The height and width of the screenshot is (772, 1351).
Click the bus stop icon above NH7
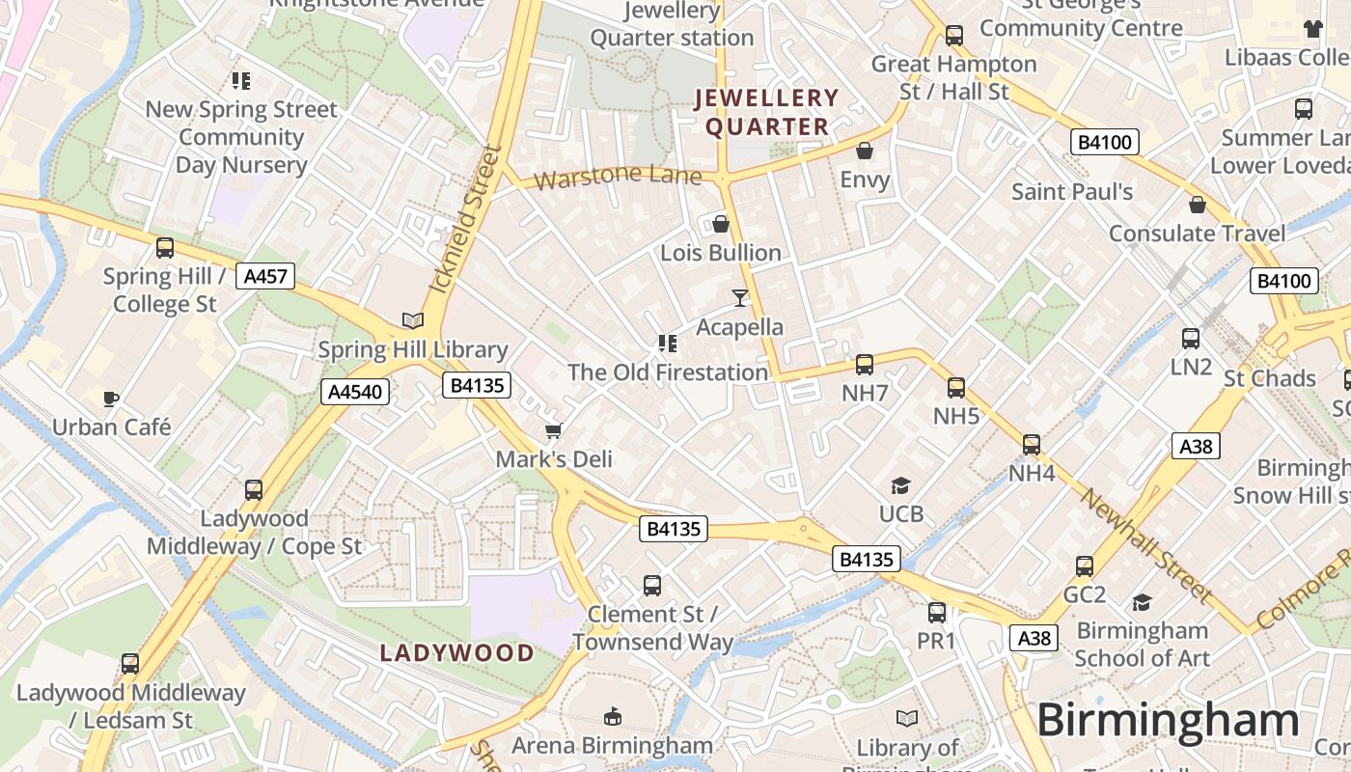click(x=865, y=364)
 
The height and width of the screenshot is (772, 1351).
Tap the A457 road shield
click(x=265, y=276)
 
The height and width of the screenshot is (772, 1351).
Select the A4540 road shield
click(x=356, y=392)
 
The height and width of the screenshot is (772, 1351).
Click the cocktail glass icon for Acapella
click(x=740, y=298)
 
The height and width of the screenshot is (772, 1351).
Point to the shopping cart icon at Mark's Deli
click(x=553, y=430)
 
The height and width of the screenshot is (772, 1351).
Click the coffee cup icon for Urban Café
click(x=111, y=398)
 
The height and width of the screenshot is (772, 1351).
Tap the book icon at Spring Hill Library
click(x=412, y=320)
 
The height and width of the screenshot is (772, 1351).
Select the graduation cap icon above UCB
click(x=900, y=485)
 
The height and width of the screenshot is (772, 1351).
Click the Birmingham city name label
click(x=1168, y=721)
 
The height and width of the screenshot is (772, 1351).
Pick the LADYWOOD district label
click(x=456, y=653)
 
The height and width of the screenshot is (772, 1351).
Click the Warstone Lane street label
click(x=618, y=177)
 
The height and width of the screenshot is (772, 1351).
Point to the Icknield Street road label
click(x=467, y=220)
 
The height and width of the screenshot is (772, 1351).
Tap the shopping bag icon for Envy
click(x=865, y=151)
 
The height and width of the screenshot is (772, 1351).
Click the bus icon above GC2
click(x=1085, y=566)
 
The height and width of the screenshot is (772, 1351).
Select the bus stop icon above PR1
click(x=936, y=613)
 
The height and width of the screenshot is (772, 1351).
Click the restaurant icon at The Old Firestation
click(x=667, y=343)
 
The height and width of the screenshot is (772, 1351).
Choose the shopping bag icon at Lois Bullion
click(x=721, y=224)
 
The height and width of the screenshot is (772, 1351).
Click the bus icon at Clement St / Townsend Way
click(x=652, y=585)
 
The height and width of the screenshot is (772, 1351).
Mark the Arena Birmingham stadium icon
click(x=612, y=716)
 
